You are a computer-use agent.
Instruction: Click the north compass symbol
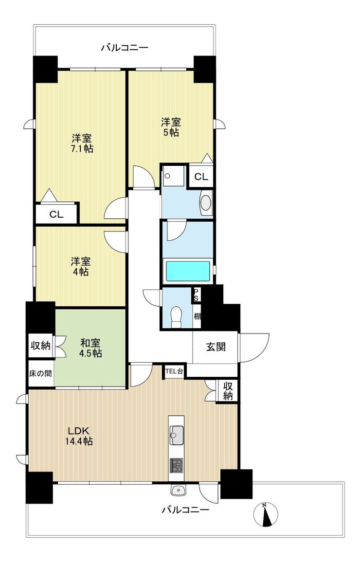click(x=265, y=515)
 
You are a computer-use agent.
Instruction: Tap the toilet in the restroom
click(x=177, y=317)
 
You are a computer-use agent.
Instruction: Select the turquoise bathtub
click(x=187, y=271)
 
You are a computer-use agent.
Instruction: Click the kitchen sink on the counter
click(x=177, y=436)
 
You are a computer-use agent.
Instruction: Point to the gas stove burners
click(x=177, y=465)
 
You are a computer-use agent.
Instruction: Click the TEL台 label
click(x=174, y=371)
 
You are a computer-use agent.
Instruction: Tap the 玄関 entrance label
click(x=216, y=347)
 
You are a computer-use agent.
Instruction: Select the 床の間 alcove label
click(x=40, y=373)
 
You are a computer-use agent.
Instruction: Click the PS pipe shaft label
click(x=196, y=295)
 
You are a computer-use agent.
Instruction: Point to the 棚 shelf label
click(x=197, y=316)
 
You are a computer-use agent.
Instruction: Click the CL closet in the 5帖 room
click(x=201, y=176)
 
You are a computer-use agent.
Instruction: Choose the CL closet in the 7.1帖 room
click(x=56, y=214)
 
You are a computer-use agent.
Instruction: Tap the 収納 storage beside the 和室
click(x=40, y=346)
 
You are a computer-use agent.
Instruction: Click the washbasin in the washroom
click(x=206, y=203)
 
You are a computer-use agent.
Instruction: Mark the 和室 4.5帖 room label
click(x=90, y=348)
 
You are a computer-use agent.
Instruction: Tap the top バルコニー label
click(x=125, y=47)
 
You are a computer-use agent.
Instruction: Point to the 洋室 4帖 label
click(x=80, y=266)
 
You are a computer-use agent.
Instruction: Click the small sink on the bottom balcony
click(x=178, y=491)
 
